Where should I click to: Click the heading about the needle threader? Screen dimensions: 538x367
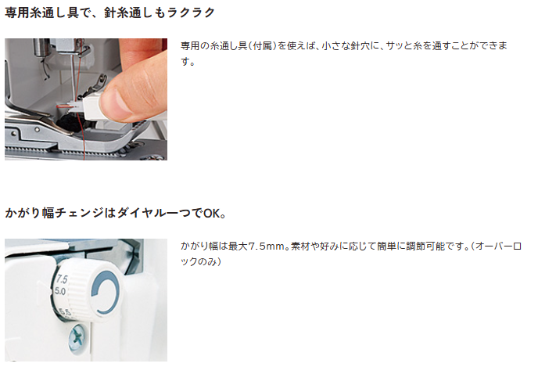click(x=109, y=13)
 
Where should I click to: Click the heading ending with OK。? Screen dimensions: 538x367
click(x=115, y=213)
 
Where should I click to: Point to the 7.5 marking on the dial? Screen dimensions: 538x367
click(x=62, y=279)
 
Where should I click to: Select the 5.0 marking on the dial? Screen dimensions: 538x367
click(x=60, y=291)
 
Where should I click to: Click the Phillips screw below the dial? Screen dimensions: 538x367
click(x=77, y=339)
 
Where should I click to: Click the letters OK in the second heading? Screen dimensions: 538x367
click(x=212, y=214)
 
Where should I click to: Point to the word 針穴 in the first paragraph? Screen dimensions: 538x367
click(x=360, y=45)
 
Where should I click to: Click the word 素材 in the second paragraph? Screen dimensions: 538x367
click(x=300, y=246)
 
